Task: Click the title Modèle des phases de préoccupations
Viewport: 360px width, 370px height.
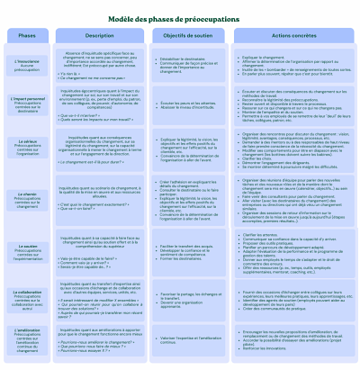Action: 180,17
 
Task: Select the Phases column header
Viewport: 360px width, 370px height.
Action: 27,35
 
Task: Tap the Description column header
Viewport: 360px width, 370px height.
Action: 99,35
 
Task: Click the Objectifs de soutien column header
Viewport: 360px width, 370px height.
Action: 188,35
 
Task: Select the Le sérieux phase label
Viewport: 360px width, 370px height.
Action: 27,147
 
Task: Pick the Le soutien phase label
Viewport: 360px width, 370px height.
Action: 27,251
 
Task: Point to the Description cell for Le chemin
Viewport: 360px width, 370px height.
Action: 99,202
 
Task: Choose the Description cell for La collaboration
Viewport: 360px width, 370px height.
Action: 99,299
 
